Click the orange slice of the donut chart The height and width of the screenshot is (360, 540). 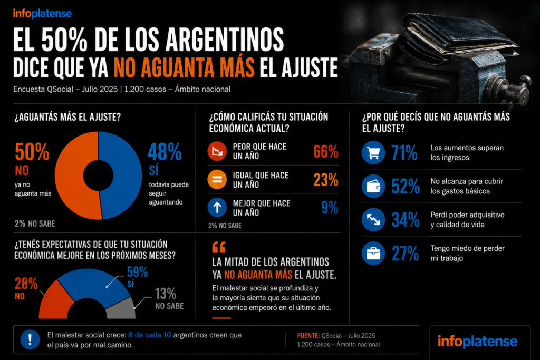click(69, 176)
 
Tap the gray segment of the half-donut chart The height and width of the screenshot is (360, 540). click(122, 309)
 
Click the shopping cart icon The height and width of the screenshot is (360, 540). click(373, 152)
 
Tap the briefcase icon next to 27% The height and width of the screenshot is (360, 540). click(373, 254)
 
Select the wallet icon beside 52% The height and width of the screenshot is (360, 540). click(373, 186)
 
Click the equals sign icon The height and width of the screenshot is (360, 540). click(217, 179)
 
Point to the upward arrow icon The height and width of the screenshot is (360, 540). click(217, 208)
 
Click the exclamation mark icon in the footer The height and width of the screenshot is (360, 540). click(30, 339)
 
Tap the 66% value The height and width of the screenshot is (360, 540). click(325, 151)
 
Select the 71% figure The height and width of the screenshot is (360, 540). click(404, 152)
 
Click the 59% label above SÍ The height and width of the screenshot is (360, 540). click(138, 272)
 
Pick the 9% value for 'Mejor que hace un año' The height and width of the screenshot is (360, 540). click(330, 208)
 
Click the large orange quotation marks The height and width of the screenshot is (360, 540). click(219, 247)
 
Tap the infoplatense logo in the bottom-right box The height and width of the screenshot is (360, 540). click(477, 342)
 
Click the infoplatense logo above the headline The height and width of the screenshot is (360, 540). click(42, 14)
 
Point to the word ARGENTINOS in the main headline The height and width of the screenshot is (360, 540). click(224, 40)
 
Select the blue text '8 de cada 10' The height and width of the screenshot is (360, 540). click(149, 335)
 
